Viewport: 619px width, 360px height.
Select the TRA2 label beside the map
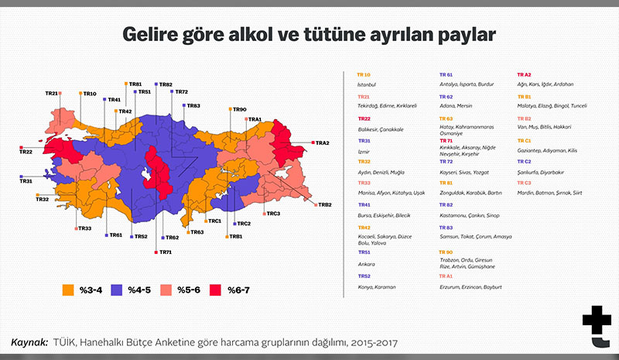322,143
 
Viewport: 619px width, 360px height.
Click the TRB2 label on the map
324,204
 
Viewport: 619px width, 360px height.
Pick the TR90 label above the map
238,110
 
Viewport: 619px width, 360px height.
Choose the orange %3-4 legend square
68,290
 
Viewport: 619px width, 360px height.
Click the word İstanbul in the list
366,83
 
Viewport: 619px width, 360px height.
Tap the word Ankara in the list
366,263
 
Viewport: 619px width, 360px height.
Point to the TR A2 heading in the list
524,74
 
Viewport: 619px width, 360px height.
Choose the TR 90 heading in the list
446,252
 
